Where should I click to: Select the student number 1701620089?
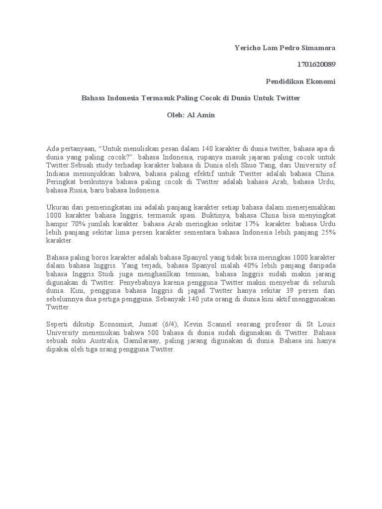pyautogui.click(x=316, y=64)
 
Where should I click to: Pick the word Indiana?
pyautogui.click(x=59, y=173)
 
